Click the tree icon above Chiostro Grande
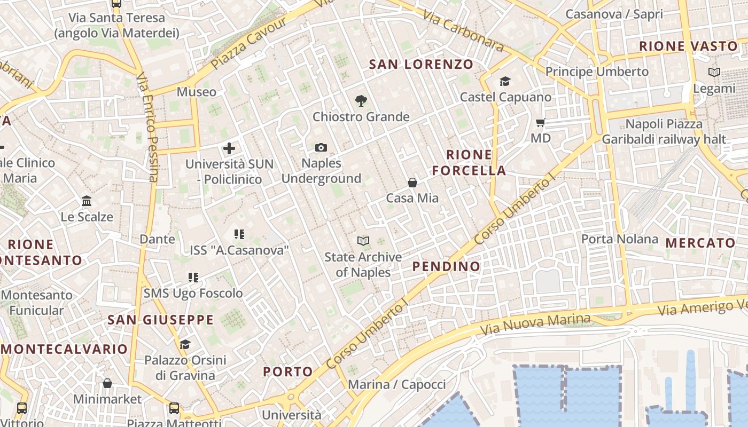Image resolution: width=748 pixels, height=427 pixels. coord(361,100)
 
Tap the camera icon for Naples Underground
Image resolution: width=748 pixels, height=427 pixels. coord(321,147)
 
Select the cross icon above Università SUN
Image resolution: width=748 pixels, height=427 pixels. coord(229,148)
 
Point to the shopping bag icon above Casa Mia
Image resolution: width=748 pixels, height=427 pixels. coord(412,183)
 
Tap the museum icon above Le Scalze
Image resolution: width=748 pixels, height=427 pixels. coord(87,201)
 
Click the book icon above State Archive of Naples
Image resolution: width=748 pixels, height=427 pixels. coord(363,241)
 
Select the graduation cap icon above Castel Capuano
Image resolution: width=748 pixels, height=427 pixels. coord(505,82)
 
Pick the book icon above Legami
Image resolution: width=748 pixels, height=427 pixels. coord(714,73)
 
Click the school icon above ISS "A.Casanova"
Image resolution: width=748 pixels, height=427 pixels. coord(239,234)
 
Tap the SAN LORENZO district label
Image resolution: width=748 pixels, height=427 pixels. coord(421,65)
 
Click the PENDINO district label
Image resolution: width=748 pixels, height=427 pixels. coord(446,266)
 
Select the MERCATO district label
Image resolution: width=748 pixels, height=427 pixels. coord(700,243)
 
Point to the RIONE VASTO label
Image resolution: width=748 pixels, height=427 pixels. coord(688,46)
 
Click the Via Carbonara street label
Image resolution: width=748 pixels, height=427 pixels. coord(464,30)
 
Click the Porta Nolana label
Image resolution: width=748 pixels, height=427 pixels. coord(619,239)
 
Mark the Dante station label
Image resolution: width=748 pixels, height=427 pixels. coord(157,239)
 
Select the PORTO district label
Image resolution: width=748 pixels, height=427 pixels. coord(288,371)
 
